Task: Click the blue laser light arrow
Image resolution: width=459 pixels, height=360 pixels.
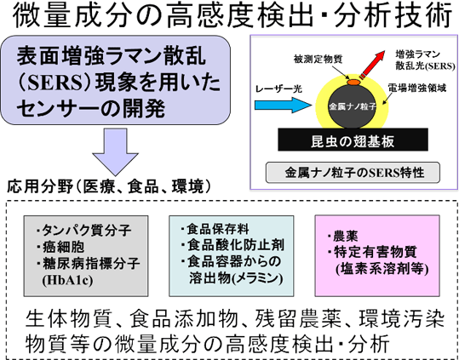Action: (284, 106)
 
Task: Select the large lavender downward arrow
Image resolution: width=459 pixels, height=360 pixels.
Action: (115, 152)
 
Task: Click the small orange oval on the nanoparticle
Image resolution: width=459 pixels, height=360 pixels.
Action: (353, 83)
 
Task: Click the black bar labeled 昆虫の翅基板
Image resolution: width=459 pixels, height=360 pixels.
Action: (353, 140)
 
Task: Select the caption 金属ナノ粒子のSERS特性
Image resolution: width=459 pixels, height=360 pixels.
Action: (353, 173)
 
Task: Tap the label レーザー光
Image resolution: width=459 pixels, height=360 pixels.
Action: (278, 89)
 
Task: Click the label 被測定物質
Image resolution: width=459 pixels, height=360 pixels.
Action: (318, 60)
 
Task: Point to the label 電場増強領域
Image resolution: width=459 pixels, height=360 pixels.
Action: (417, 88)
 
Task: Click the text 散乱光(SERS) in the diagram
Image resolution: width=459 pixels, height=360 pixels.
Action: (425, 66)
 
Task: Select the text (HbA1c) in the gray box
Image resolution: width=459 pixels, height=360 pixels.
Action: (67, 280)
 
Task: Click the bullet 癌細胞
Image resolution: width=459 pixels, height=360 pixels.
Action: (60, 247)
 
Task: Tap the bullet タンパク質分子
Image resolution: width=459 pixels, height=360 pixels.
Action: (83, 231)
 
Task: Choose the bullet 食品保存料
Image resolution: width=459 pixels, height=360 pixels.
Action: (215, 229)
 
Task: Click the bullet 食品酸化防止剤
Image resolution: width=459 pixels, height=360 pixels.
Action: (232, 245)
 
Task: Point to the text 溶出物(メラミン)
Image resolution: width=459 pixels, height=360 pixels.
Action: (236, 278)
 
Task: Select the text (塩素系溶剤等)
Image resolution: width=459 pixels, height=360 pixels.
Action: (382, 269)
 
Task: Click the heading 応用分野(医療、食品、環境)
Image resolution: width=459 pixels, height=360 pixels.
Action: (109, 186)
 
